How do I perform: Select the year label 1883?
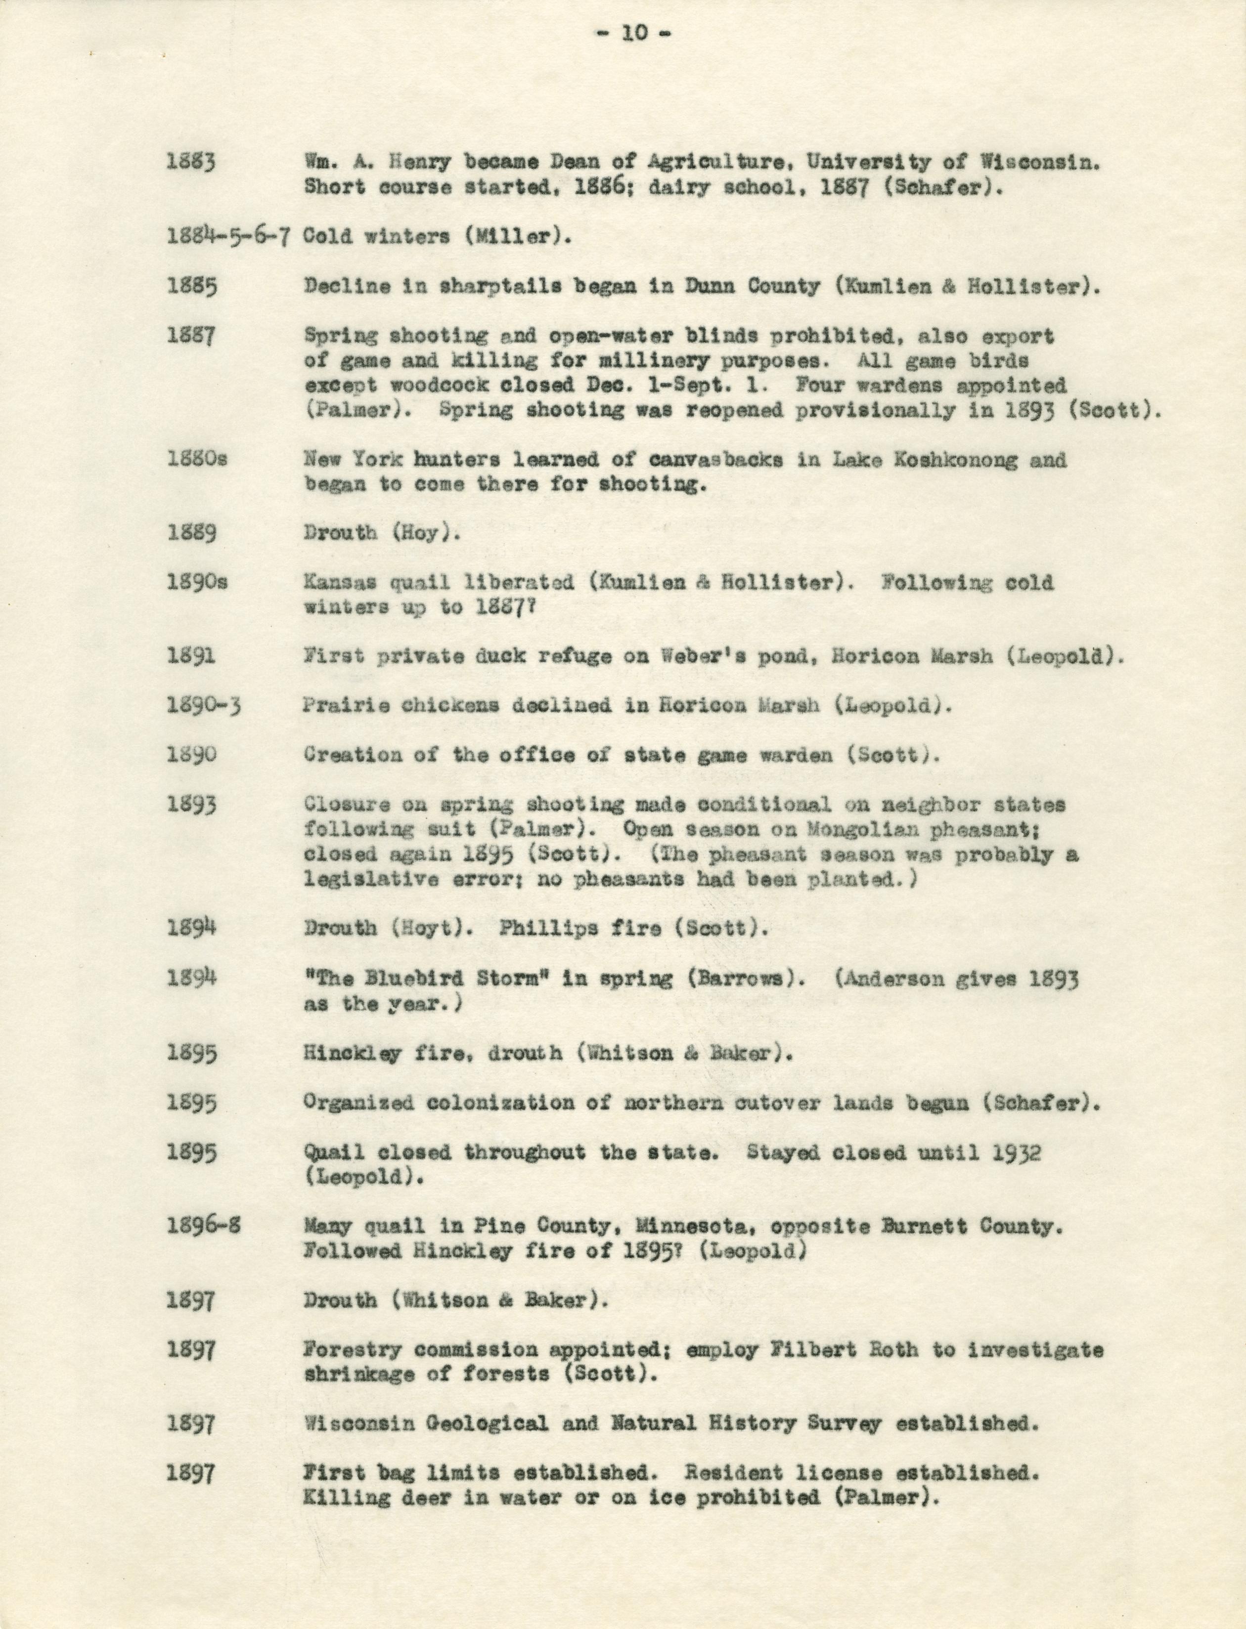pos(192,162)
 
